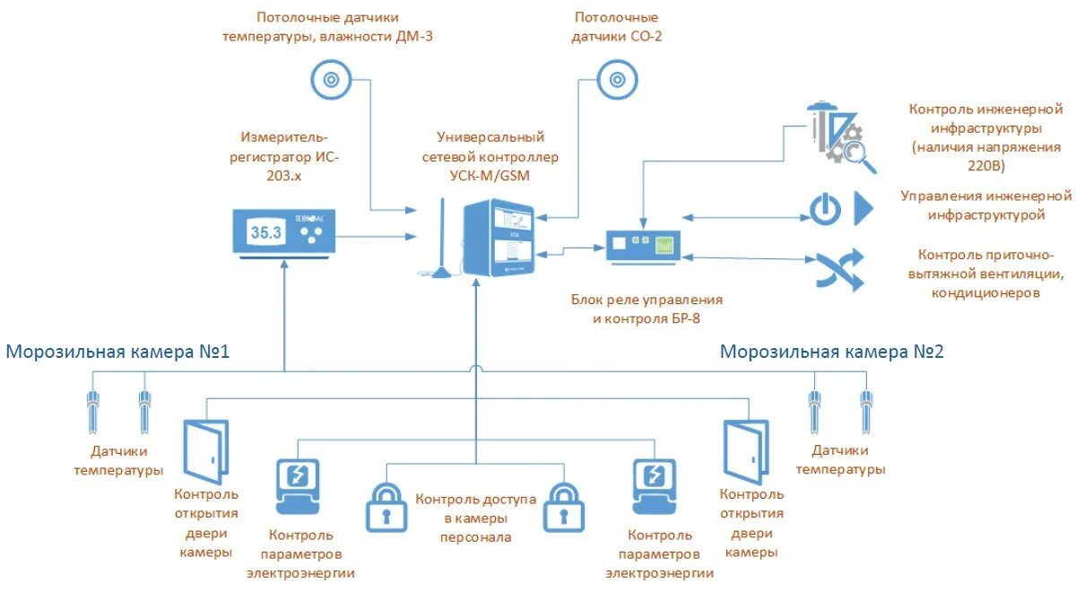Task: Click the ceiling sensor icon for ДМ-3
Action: [331, 80]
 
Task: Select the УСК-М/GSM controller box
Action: [499, 239]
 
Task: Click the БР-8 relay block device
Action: [642, 245]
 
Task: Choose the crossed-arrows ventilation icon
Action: [839, 269]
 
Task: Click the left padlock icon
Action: [386, 509]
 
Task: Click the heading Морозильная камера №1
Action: [117, 352]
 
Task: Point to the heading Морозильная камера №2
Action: [831, 352]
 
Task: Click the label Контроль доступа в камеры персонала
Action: [475, 518]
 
